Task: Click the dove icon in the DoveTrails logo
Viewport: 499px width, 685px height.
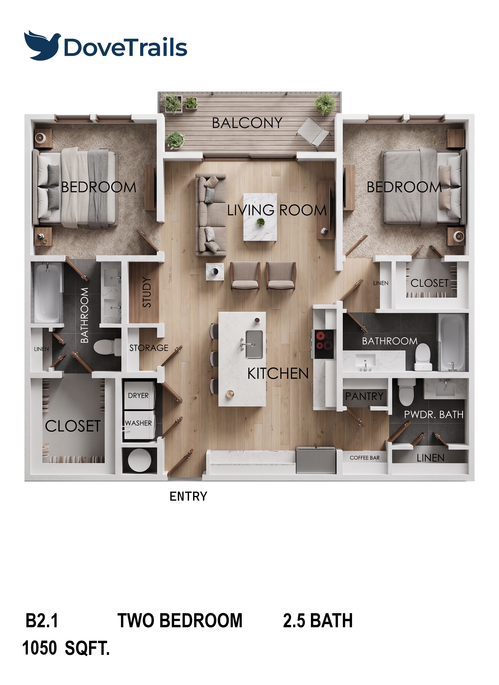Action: tap(42, 45)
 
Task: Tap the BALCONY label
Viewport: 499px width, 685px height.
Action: tap(247, 123)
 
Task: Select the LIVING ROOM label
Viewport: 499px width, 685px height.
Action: tap(277, 210)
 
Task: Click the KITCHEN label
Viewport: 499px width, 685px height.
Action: tap(278, 374)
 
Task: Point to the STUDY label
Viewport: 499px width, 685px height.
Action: tap(147, 292)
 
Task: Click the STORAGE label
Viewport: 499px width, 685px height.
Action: tap(149, 348)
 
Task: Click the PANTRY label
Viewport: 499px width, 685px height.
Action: tap(364, 396)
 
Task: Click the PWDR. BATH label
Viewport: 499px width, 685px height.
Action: tap(434, 414)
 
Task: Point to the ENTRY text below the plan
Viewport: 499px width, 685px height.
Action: tap(188, 496)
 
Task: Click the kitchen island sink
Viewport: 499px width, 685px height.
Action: tap(254, 344)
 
